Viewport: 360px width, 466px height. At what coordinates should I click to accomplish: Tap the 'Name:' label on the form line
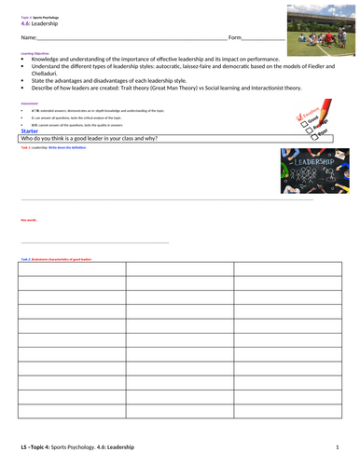[x=27, y=37]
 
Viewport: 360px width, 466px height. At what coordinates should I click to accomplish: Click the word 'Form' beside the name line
[x=235, y=37]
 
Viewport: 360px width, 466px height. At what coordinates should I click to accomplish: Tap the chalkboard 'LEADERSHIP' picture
[x=312, y=171]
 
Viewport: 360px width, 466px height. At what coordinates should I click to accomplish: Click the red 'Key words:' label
[x=28, y=220]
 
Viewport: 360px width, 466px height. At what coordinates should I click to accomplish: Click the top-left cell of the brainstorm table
[x=71, y=269]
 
